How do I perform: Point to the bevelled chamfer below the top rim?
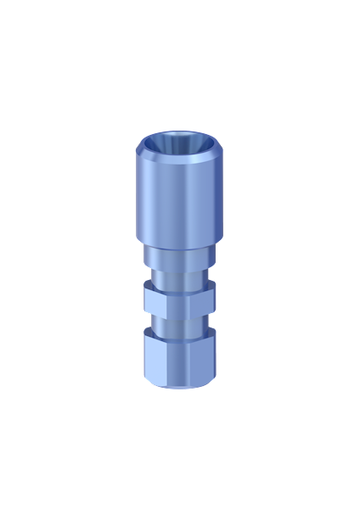click(180, 162)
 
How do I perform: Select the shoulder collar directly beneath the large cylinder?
click(180, 252)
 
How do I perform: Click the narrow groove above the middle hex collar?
click(180, 275)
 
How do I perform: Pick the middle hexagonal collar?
click(180, 298)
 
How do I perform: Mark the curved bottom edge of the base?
click(180, 388)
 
